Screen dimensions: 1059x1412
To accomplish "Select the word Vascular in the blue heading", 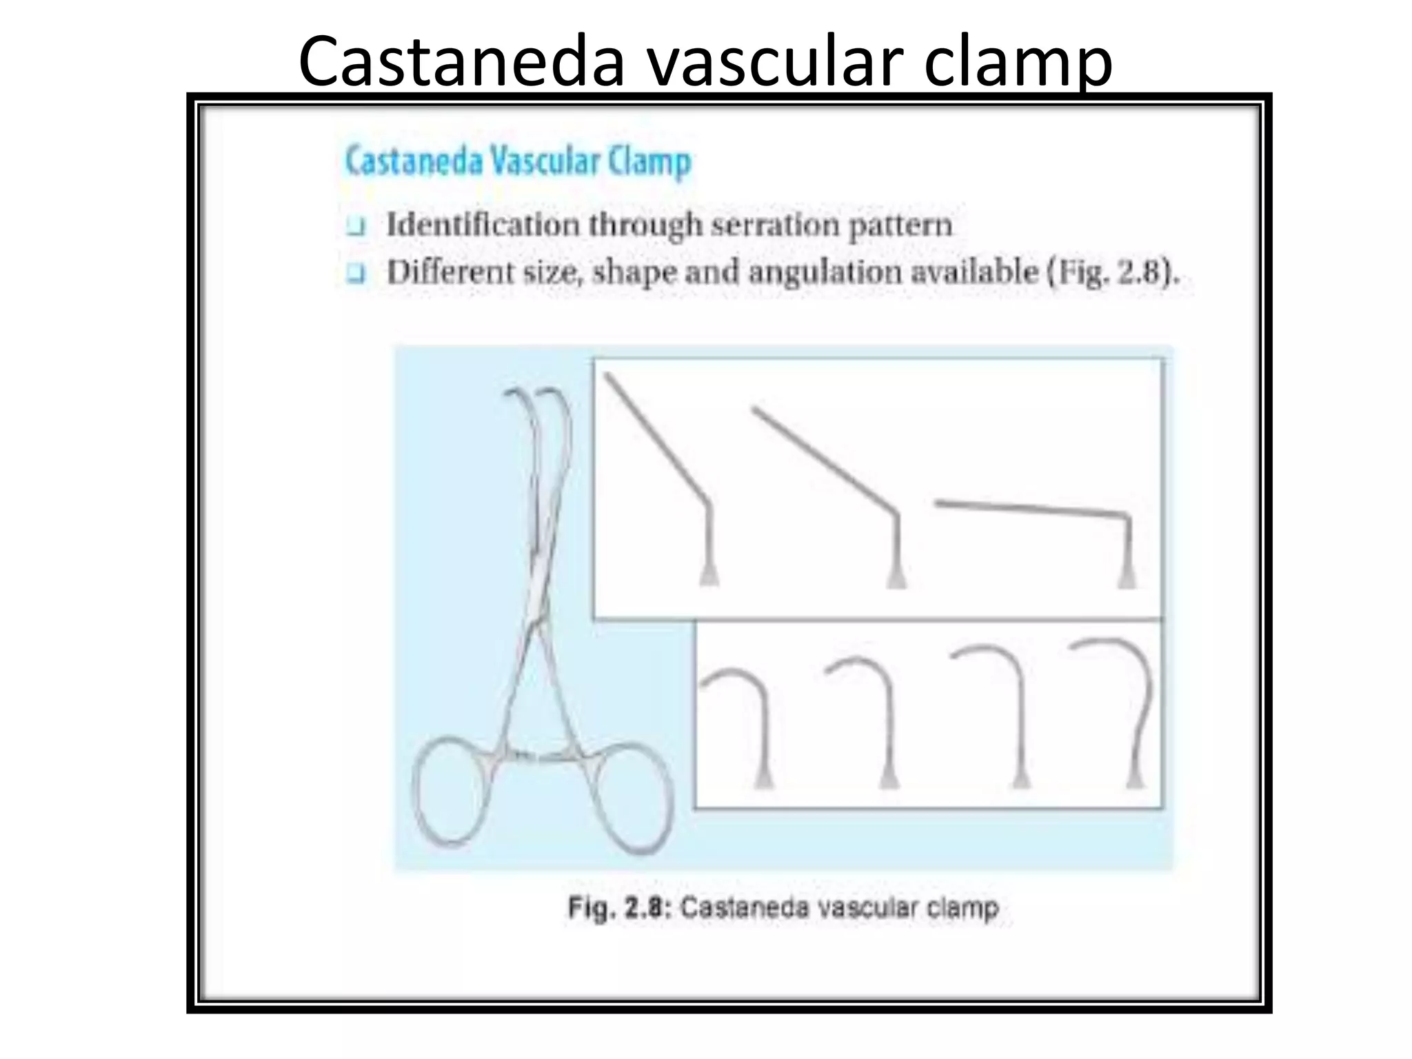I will pyautogui.click(x=545, y=161).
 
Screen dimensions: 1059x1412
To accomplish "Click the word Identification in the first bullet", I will pyautogui.click(x=483, y=225).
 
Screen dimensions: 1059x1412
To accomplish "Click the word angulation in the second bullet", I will pyautogui.click(x=825, y=272).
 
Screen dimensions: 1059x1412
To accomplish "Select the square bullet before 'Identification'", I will pyautogui.click(x=356, y=227).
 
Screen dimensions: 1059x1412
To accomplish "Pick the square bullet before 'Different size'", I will pyautogui.click(x=356, y=274).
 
